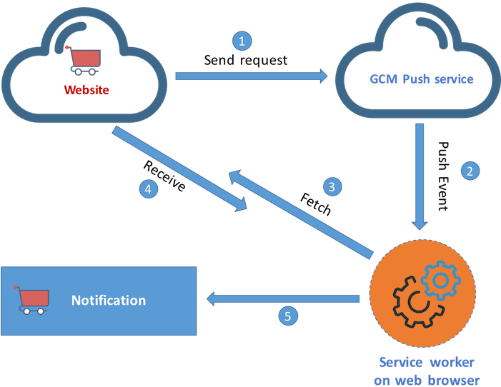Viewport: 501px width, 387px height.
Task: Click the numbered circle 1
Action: pos(241,41)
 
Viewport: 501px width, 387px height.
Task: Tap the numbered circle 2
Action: pos(470,171)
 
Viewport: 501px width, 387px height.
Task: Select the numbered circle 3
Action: pos(331,187)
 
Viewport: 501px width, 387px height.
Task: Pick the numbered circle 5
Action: pos(287,316)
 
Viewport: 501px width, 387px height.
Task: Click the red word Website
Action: pos(86,90)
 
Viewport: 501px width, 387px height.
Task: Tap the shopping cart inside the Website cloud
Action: pos(84,61)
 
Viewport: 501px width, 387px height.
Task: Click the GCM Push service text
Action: pos(421,79)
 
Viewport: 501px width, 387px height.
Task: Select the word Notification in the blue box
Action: pos(109,300)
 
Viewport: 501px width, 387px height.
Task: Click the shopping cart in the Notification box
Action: pos(32,299)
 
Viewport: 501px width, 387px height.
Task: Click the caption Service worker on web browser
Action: pos(426,371)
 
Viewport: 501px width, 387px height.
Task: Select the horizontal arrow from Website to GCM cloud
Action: pos(250,75)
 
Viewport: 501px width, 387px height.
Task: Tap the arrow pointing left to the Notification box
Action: pos(282,298)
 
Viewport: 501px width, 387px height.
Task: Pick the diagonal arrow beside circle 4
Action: pos(179,169)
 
